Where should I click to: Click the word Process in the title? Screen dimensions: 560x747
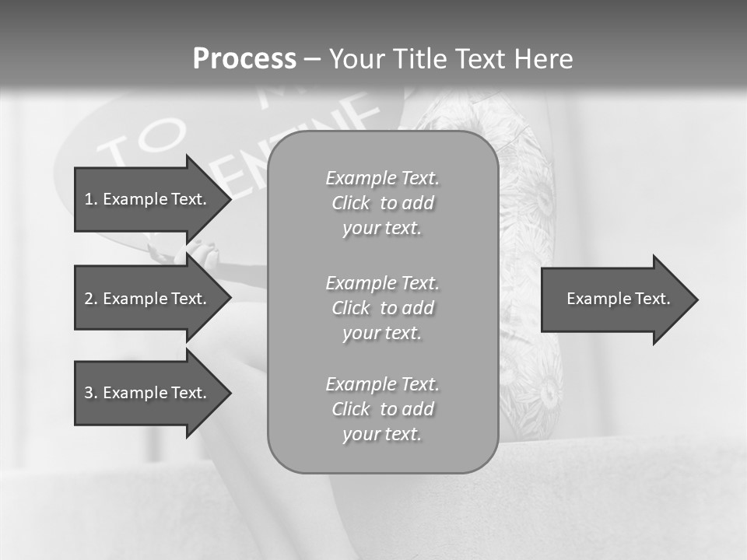coord(244,59)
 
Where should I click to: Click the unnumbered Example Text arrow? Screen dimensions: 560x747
coord(618,299)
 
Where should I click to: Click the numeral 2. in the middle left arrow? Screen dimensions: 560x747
coord(91,299)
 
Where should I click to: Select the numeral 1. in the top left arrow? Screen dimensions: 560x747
coord(91,199)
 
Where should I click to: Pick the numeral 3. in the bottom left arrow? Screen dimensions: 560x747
coord(91,393)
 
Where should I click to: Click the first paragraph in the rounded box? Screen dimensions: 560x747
coord(382,203)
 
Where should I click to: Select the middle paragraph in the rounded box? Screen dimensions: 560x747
coord(382,308)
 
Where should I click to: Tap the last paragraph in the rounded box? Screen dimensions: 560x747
coord(382,409)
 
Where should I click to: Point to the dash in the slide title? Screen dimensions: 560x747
coord(312,59)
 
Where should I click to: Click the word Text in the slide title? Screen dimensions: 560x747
coord(482,59)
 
